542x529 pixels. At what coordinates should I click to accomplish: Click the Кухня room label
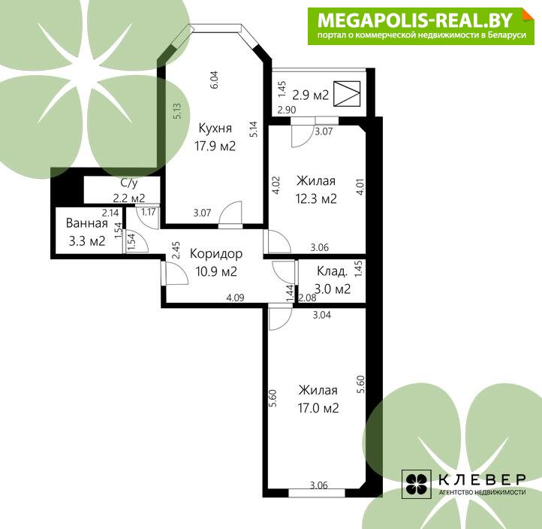point(215,128)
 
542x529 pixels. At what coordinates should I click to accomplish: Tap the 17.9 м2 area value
point(215,146)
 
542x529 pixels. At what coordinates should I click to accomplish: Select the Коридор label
point(216,254)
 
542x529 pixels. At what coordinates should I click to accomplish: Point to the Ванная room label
point(87,223)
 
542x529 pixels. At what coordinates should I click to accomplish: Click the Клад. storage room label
point(332,271)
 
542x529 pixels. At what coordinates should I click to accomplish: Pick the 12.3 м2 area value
point(316,198)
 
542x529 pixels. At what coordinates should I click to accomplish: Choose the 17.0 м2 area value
point(318,408)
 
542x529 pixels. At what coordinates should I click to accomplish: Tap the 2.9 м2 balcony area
point(310,95)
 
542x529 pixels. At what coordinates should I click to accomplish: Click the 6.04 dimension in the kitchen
point(214,80)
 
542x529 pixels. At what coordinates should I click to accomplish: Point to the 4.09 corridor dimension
point(236,298)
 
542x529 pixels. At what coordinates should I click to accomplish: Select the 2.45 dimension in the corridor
point(176,250)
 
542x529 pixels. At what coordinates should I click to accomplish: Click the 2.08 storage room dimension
point(307,298)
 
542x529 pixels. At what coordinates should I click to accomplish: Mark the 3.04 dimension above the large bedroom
point(322,315)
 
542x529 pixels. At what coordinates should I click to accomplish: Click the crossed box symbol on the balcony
point(347,93)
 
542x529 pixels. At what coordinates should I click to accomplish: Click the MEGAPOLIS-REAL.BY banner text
point(415,20)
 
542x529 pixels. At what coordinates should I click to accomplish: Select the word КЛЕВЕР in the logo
point(482,479)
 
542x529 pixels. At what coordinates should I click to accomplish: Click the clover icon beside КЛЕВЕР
point(416,484)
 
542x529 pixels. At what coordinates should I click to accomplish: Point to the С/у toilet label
point(129,183)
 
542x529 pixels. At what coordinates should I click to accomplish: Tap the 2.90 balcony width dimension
point(287,110)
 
